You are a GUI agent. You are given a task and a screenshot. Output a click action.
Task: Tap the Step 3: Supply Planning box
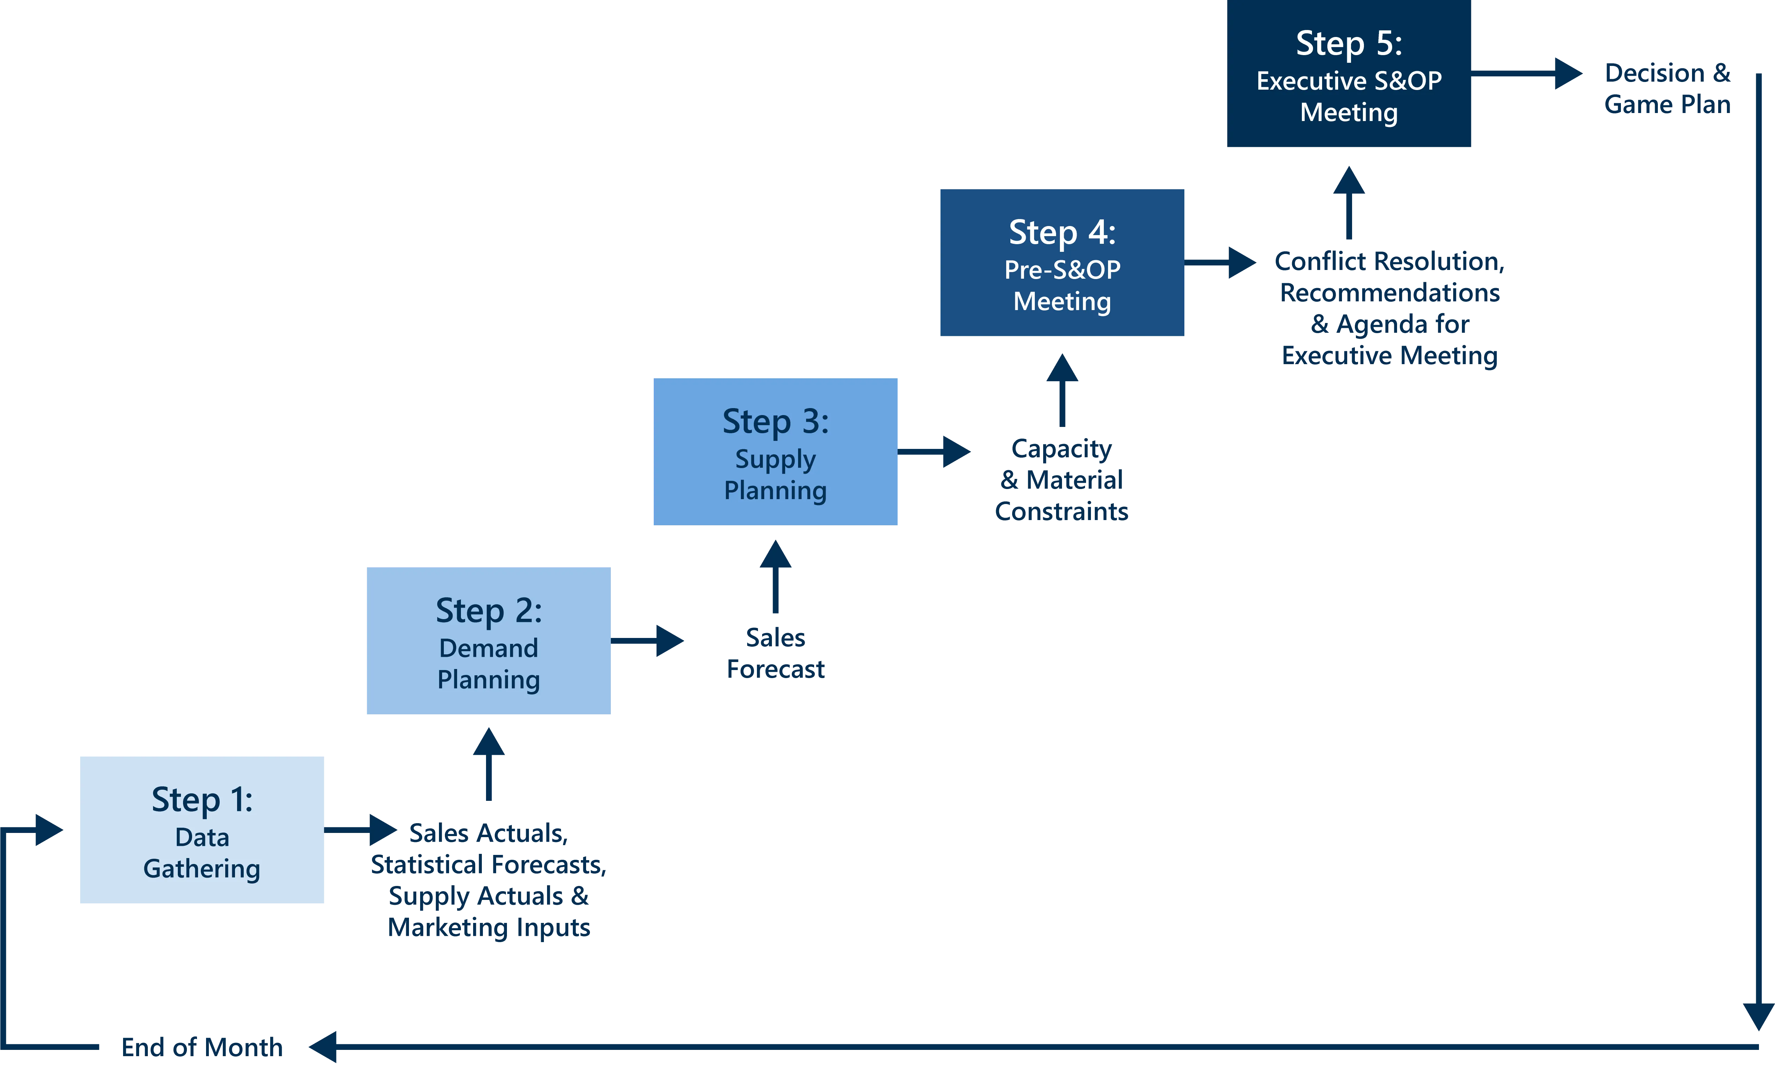(x=775, y=452)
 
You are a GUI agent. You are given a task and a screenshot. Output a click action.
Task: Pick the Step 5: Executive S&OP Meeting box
(x=1349, y=74)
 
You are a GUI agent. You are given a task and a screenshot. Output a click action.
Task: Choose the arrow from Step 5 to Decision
(x=1527, y=74)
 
